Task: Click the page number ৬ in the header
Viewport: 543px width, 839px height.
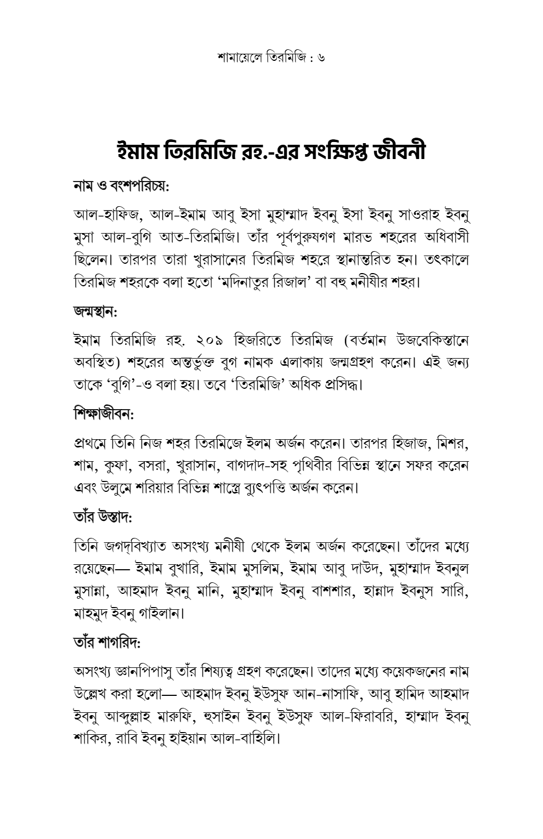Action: (x=321, y=56)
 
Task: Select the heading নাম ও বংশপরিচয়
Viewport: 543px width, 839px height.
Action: (x=121, y=186)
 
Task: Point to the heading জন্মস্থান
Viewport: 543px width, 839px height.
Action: (x=95, y=312)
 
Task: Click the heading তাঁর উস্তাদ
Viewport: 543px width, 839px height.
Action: (x=103, y=517)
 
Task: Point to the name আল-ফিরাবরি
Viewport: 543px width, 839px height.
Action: (x=357, y=716)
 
